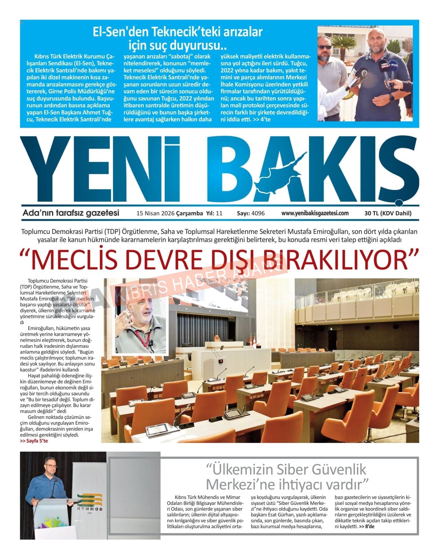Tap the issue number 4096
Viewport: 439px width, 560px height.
(x=258, y=213)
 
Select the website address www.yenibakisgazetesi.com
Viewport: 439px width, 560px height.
(x=315, y=213)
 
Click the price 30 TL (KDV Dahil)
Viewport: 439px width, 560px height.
(x=388, y=213)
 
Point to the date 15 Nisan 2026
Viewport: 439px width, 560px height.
(x=155, y=213)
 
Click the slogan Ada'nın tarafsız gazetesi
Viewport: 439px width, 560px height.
(x=71, y=213)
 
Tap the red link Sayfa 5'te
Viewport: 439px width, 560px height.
(x=34, y=441)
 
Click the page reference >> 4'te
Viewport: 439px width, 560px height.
(x=261, y=119)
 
